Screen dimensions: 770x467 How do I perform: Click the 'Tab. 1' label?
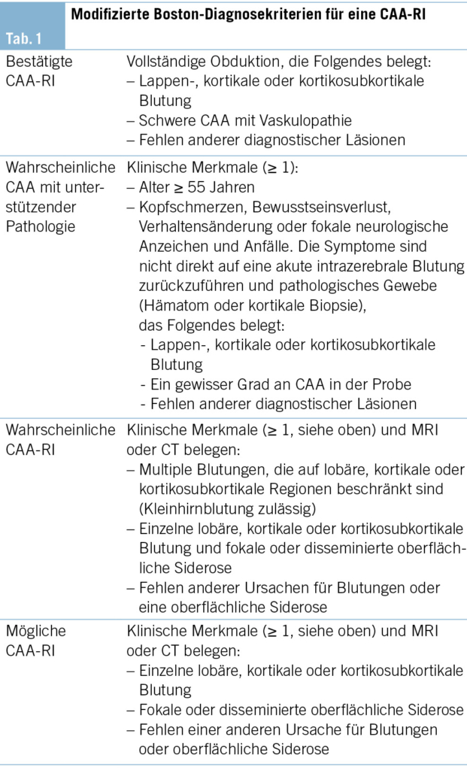(x=24, y=38)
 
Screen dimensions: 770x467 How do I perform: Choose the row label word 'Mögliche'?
(x=36, y=630)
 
